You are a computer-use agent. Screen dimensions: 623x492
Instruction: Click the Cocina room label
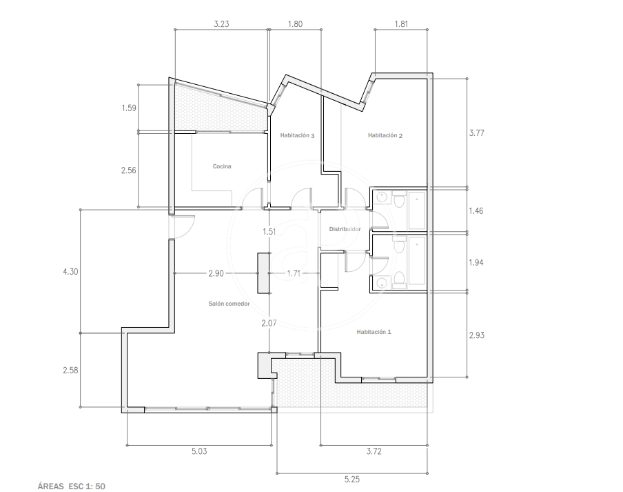(x=222, y=166)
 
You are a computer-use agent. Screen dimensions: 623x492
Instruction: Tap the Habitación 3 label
(x=297, y=135)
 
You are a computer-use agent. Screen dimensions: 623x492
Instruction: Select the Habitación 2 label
(x=385, y=135)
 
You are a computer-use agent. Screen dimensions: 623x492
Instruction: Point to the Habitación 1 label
(x=374, y=332)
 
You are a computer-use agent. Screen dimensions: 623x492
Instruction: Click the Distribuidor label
(x=345, y=229)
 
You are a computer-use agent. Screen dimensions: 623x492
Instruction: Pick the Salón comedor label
(x=229, y=304)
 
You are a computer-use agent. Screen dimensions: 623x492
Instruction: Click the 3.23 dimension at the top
(x=221, y=24)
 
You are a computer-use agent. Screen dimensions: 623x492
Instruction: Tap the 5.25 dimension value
(x=352, y=480)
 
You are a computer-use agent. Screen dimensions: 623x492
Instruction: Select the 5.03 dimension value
(x=199, y=451)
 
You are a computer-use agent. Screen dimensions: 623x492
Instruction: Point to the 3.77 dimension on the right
(x=476, y=133)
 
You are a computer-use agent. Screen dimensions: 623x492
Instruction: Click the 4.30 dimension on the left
(x=70, y=272)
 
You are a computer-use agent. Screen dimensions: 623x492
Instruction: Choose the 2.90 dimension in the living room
(x=216, y=273)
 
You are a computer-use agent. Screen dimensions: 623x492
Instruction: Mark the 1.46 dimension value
(x=476, y=210)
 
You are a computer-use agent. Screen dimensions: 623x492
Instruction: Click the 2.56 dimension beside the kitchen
(x=129, y=170)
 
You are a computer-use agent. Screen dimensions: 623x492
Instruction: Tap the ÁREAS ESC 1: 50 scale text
(x=72, y=486)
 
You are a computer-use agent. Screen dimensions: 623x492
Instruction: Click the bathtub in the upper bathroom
(x=416, y=210)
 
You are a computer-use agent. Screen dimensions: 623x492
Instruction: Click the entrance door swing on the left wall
(x=183, y=227)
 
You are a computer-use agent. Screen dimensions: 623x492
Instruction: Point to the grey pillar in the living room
(x=263, y=273)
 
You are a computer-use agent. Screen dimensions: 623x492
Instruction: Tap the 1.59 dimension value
(x=129, y=108)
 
